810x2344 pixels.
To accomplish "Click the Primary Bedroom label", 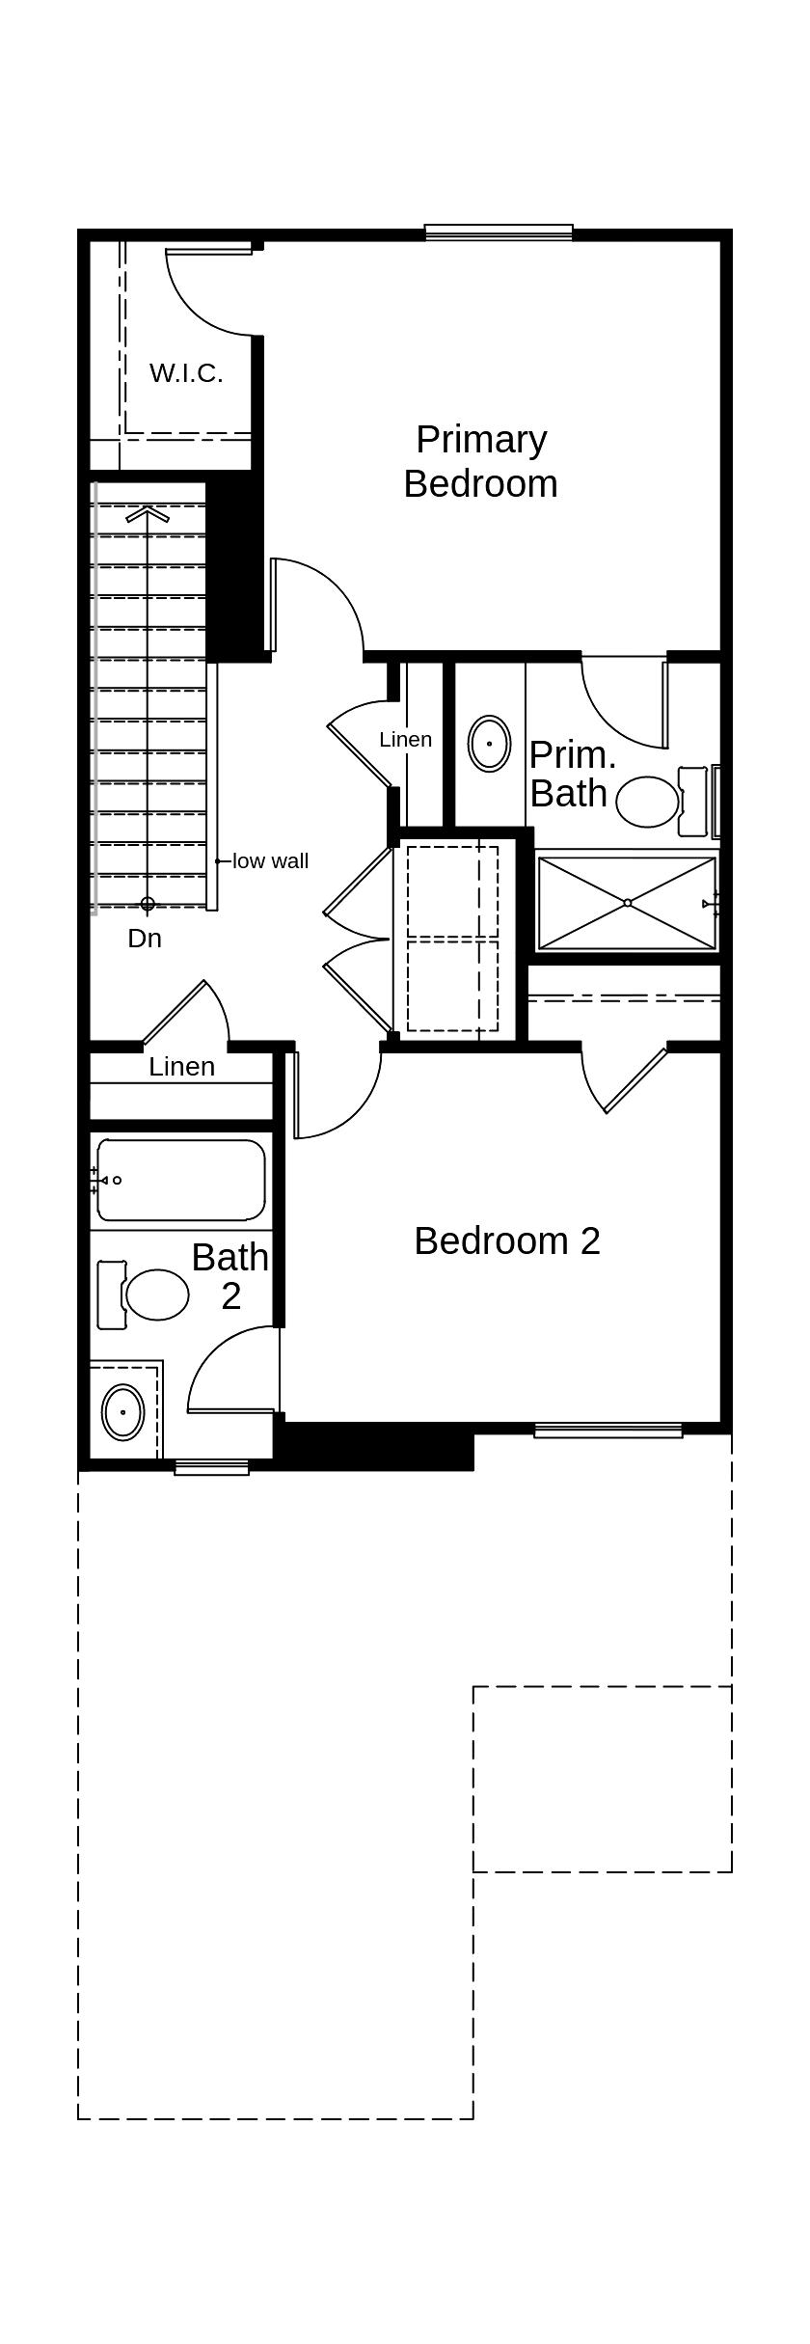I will click(x=480, y=461).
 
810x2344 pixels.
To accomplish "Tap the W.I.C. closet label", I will click(x=186, y=373).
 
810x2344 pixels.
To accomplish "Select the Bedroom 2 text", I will click(x=507, y=1240).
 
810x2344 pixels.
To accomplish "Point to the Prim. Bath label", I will click(x=571, y=774).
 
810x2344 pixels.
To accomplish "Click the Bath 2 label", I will click(x=229, y=1275).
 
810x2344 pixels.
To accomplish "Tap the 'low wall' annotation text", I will click(x=270, y=861).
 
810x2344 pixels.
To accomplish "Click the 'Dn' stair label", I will click(x=145, y=939).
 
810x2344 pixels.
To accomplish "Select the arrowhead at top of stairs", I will click(x=148, y=512).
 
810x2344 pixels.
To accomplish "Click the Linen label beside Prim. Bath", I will click(x=405, y=740).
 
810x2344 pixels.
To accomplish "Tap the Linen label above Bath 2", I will click(x=181, y=1067).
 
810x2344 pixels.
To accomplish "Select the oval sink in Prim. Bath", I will click(x=490, y=744).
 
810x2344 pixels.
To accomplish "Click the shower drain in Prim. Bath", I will click(x=628, y=903).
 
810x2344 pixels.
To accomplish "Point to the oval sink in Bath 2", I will click(x=123, y=1412).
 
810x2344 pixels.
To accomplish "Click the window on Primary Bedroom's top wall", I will click(x=499, y=232).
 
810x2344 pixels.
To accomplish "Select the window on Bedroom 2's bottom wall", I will click(x=608, y=1431).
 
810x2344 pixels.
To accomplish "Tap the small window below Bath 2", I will click(x=212, y=1467).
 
